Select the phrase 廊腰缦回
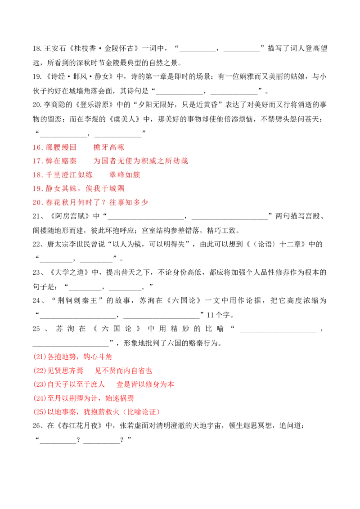point(62,147)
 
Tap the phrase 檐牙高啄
point(109,147)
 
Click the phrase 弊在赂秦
point(62,161)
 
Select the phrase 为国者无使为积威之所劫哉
point(141,161)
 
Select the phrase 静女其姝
point(62,189)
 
